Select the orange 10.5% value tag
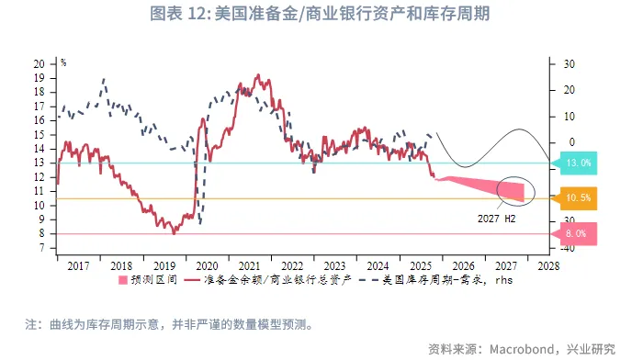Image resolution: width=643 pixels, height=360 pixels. [x=577, y=198]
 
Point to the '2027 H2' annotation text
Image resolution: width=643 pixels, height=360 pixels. [x=497, y=219]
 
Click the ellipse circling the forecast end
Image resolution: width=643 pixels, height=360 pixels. [x=513, y=189]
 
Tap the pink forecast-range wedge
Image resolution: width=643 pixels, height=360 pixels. [x=487, y=186]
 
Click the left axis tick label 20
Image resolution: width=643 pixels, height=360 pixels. [x=39, y=64]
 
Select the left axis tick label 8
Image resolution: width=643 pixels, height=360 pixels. [x=42, y=234]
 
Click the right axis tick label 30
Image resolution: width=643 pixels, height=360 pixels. [x=569, y=63]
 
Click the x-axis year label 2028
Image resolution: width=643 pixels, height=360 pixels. [x=548, y=264]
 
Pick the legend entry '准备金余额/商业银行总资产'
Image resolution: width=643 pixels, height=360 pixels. [x=263, y=280]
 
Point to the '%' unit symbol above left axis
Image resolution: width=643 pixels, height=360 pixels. [x=63, y=62]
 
